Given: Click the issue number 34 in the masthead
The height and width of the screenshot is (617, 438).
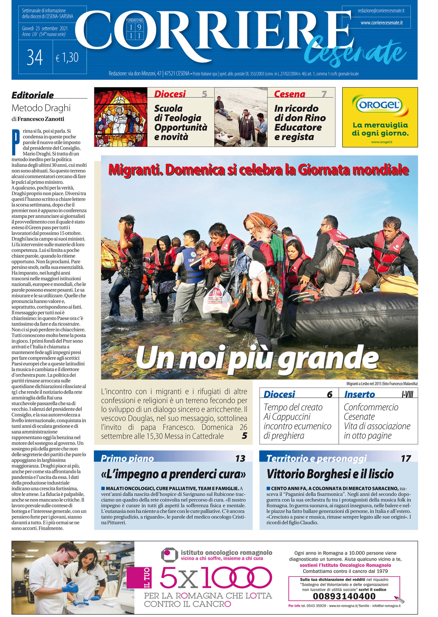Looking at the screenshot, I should coord(35,58).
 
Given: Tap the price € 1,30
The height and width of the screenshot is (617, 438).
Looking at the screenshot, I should coord(67,58).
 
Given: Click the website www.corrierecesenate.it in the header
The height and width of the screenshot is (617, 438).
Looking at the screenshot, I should coord(381,23).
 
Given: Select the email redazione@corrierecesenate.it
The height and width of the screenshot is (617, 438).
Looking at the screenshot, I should coord(381,11).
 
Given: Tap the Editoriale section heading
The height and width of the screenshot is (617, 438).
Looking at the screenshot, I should coord(33,95).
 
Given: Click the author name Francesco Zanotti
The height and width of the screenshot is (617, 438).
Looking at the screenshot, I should coord(41,119).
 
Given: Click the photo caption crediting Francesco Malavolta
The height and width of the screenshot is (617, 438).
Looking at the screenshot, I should coord(382,383).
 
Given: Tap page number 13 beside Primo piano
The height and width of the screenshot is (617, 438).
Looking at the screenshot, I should coord(240,458).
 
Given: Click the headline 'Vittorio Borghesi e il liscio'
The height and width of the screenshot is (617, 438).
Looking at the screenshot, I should coord(330,474).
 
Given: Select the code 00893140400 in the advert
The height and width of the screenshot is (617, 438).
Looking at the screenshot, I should coord(344,596).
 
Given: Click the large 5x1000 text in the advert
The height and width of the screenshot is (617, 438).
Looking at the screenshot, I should coord(216,577).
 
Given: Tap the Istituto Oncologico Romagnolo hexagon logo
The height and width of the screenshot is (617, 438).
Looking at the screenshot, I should coord(169,555).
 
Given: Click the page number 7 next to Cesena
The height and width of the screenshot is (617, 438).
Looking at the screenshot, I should coord(324,94).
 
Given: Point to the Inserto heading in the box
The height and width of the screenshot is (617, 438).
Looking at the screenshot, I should coord(360,394).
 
